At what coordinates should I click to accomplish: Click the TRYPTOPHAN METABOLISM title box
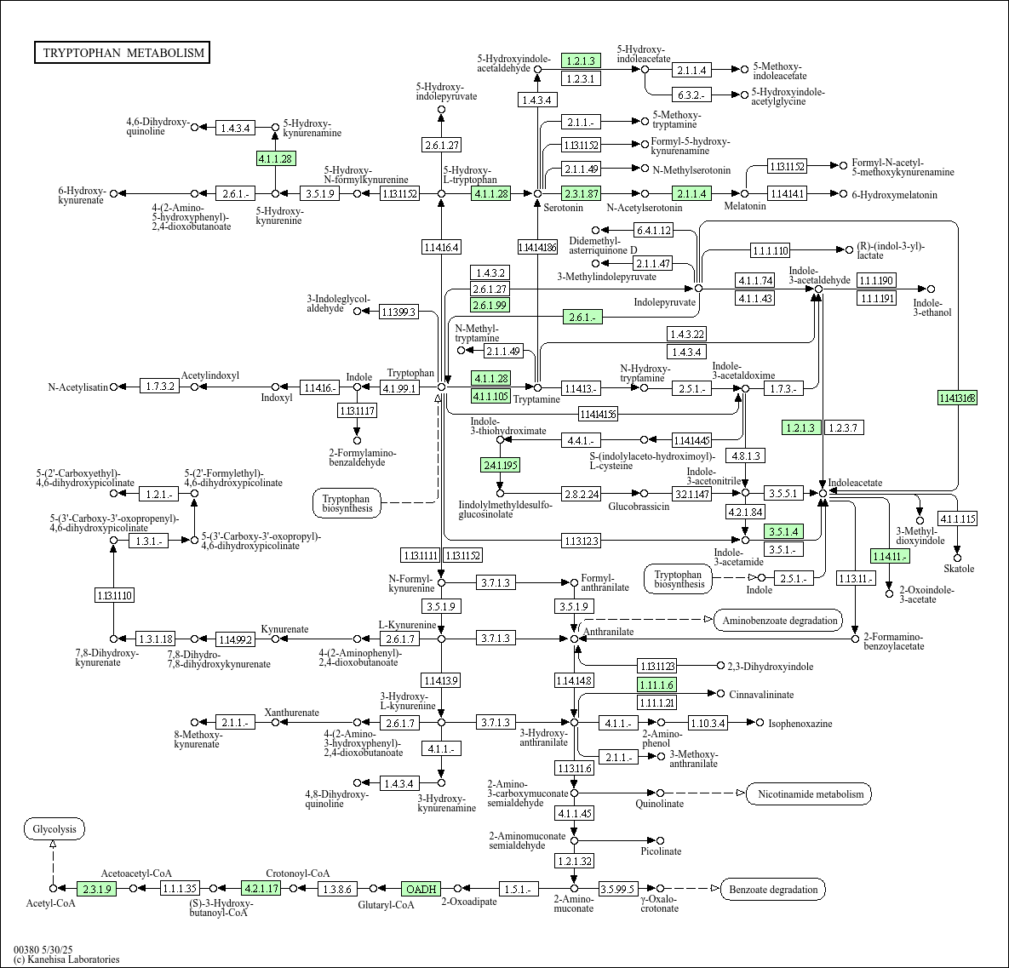pyautogui.click(x=123, y=53)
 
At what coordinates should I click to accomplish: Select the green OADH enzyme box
pyautogui.click(x=421, y=889)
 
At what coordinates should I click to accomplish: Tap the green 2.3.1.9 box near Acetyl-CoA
pyautogui.click(x=96, y=889)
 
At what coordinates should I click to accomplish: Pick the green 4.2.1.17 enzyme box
pyautogui.click(x=261, y=889)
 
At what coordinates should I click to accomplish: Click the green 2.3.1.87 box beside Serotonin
pyautogui.click(x=582, y=193)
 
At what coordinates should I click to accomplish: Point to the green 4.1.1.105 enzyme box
pyautogui.click(x=490, y=396)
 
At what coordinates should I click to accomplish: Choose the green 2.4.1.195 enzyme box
pyautogui.click(x=500, y=465)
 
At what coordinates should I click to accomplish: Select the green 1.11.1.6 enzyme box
pyautogui.click(x=656, y=685)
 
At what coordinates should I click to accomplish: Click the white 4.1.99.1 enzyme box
pyautogui.click(x=399, y=388)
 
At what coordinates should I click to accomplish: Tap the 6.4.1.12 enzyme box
pyautogui.click(x=653, y=230)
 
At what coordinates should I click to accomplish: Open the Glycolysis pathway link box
pyautogui.click(x=54, y=828)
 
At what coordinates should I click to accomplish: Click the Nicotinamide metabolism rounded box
pyautogui.click(x=809, y=794)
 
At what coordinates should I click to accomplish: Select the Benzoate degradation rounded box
pyautogui.click(x=773, y=890)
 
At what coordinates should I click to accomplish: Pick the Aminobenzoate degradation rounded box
pyautogui.click(x=779, y=620)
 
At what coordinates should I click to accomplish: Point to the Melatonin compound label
pyautogui.click(x=745, y=207)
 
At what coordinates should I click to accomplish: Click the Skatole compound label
pyautogui.click(x=959, y=569)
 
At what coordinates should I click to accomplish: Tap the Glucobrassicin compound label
pyautogui.click(x=639, y=507)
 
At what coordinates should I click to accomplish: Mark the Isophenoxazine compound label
pyautogui.click(x=800, y=724)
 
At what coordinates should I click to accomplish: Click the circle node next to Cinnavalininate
pyautogui.click(x=721, y=694)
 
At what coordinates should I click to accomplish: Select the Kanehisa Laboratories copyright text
pyautogui.click(x=66, y=959)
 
